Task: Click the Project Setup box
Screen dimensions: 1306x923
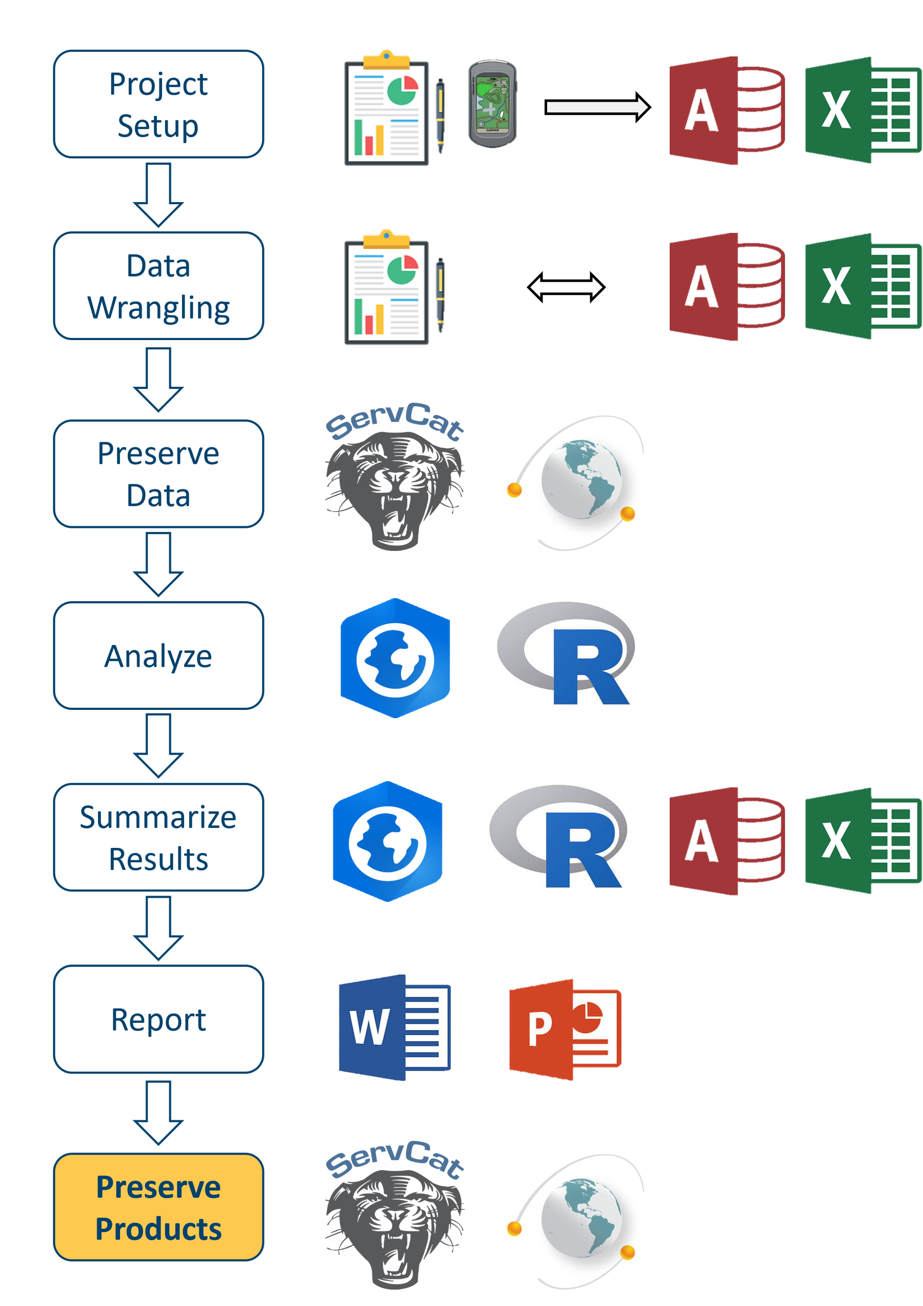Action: (158, 104)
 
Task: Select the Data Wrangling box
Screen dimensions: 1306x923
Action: (158, 286)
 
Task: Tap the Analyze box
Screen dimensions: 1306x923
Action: (158, 655)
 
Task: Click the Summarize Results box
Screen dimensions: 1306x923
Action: (158, 837)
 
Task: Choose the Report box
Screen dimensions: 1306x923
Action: (158, 1019)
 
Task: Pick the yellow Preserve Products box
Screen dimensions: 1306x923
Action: (158, 1207)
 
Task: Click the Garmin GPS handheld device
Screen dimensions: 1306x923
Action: (492, 104)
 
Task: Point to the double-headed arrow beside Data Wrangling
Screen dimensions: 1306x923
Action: (566, 287)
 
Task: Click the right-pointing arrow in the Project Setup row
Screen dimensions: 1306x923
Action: (597, 107)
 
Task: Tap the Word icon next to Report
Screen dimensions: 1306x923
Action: (394, 1027)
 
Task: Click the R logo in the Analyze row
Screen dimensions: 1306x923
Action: (566, 653)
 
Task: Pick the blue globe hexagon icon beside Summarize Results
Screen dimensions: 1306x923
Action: (387, 841)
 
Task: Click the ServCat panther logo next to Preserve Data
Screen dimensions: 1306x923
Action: (395, 477)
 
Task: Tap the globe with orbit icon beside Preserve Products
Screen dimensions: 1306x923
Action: (576, 1221)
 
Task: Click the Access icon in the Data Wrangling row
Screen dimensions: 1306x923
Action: (727, 287)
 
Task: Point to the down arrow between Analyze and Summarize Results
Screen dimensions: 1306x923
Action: (158, 745)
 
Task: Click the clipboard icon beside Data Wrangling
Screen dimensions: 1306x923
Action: (395, 287)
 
